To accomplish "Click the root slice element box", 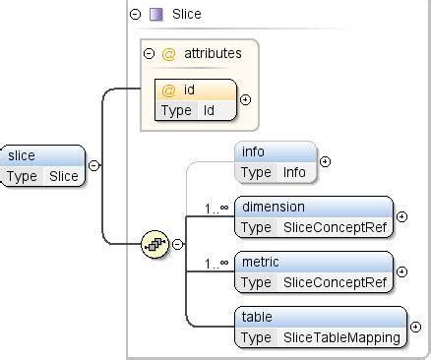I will click(43, 165).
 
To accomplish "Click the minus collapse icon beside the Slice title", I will click(135, 14).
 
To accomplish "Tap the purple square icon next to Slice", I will click(155, 14).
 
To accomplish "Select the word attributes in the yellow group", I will click(213, 54).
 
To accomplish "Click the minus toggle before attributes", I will click(149, 54).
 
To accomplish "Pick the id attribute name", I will click(189, 90).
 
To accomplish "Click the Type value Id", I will click(209, 110).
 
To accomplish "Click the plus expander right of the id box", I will click(245, 99).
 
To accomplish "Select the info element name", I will click(253, 151).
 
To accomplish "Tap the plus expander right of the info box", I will click(325, 161).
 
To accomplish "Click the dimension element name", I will click(273, 207).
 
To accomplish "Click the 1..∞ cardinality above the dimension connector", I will click(216, 208).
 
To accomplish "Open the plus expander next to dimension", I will click(401, 216).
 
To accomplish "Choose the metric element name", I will click(261, 262).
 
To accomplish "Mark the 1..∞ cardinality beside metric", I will click(216, 263).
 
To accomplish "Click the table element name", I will click(257, 317).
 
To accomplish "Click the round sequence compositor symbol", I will click(154, 244).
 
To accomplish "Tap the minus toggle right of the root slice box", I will click(94, 165).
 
